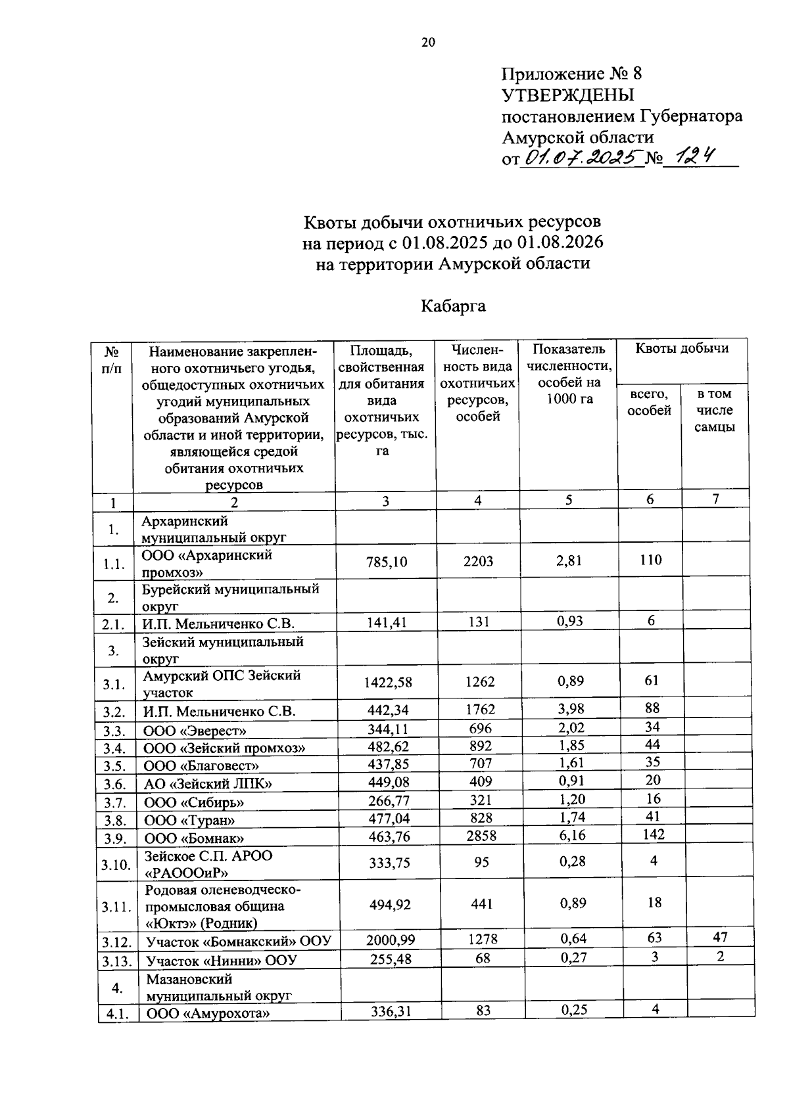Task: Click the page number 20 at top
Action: tap(428, 43)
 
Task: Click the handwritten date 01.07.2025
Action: tap(580, 158)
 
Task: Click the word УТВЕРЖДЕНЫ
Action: tap(568, 95)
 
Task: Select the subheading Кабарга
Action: tap(453, 306)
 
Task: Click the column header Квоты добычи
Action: tap(682, 349)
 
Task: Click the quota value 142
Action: tap(651, 834)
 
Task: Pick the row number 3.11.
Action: tap(116, 907)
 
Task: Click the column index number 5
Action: tap(569, 500)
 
